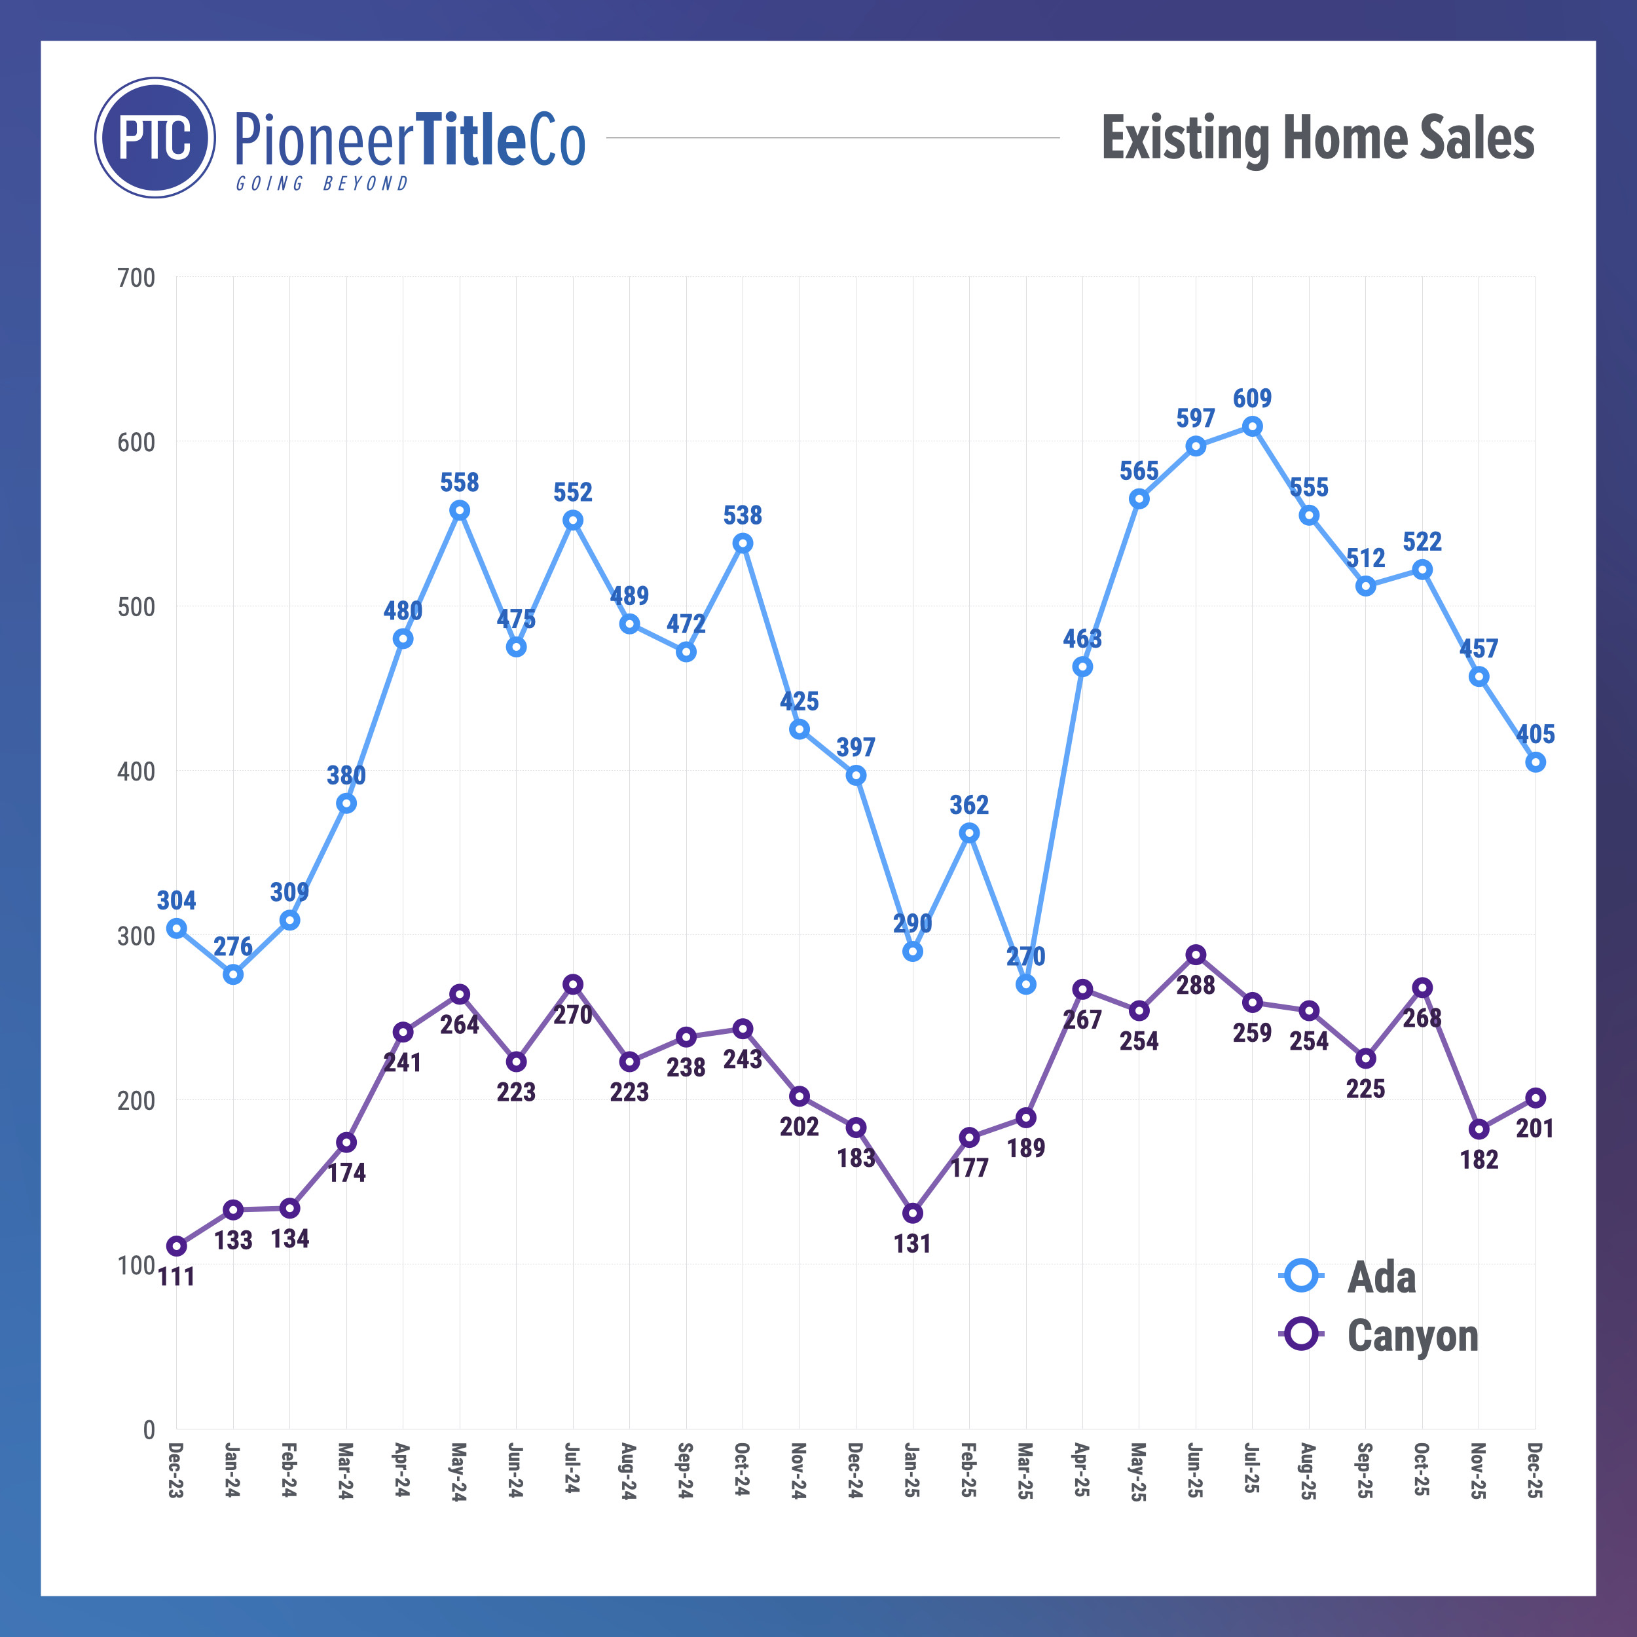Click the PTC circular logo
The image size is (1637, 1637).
pyautogui.click(x=155, y=138)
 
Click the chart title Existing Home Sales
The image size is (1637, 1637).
pyautogui.click(x=1317, y=138)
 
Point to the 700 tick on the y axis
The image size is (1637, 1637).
pyautogui.click(x=136, y=278)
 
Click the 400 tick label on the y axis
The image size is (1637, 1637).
pyautogui.click(x=136, y=772)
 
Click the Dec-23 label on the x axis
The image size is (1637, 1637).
pyautogui.click(x=176, y=1469)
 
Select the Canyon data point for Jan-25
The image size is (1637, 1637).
pyautogui.click(x=913, y=1213)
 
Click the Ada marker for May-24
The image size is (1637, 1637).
pyautogui.click(x=459, y=510)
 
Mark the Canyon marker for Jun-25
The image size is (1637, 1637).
pyautogui.click(x=1196, y=955)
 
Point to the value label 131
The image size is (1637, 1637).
pyautogui.click(x=913, y=1244)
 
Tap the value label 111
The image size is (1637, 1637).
pyautogui.click(x=176, y=1277)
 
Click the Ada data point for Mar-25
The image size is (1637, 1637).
pyautogui.click(x=1026, y=985)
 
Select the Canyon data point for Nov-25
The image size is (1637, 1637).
pyautogui.click(x=1479, y=1130)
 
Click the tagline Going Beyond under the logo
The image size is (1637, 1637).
pyautogui.click(x=322, y=184)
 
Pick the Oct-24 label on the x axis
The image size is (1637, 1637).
pyautogui.click(x=743, y=1469)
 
